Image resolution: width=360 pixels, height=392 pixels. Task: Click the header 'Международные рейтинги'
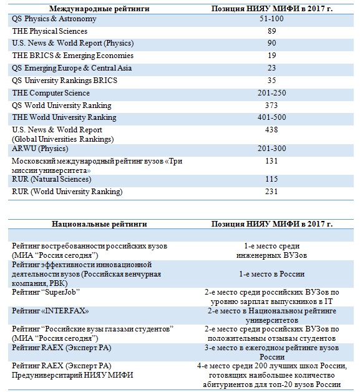(x=99, y=9)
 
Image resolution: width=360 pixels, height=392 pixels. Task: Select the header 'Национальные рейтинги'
(x=99, y=223)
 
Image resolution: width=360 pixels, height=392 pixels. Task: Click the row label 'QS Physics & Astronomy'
(x=54, y=19)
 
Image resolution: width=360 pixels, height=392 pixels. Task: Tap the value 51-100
(x=271, y=19)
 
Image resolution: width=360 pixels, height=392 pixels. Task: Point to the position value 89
(x=271, y=31)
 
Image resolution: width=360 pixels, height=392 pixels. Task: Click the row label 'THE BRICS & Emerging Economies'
(x=73, y=56)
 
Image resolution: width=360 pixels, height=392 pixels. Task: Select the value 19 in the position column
(x=271, y=56)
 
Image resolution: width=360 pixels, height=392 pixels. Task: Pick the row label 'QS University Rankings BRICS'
(x=64, y=81)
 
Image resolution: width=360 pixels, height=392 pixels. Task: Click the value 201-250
(x=271, y=93)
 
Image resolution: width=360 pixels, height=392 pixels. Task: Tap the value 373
(x=271, y=105)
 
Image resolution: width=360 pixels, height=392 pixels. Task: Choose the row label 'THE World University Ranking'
(x=64, y=117)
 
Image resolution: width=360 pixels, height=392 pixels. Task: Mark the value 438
(x=271, y=130)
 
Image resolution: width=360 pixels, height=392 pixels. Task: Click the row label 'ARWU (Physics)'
(x=40, y=149)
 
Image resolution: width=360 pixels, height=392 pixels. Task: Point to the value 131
(x=271, y=161)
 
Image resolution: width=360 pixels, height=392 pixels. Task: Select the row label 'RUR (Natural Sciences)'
(x=51, y=179)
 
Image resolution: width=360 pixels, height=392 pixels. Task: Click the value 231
(x=271, y=192)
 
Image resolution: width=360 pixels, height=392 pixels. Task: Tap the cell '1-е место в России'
(x=271, y=274)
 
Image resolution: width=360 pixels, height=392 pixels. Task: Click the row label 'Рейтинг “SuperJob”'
(x=46, y=292)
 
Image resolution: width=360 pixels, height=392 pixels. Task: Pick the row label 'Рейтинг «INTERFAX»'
(x=50, y=311)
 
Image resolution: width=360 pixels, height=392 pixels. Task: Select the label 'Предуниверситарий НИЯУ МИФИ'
(x=72, y=375)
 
